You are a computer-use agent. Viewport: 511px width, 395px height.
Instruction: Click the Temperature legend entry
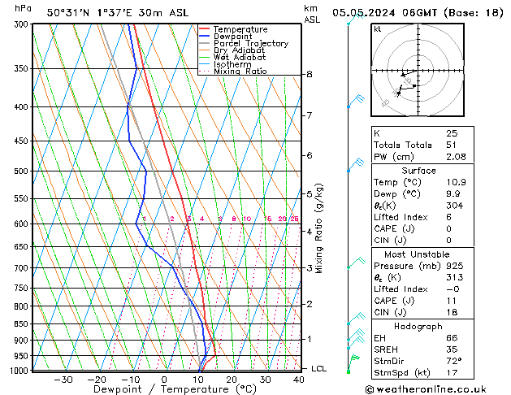click(240, 29)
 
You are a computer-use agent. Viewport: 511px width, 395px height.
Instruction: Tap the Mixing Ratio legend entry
click(240, 72)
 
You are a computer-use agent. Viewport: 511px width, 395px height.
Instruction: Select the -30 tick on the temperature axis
click(63, 380)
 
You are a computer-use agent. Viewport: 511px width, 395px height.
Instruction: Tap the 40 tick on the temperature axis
click(300, 380)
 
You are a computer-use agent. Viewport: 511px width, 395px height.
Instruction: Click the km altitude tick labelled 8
click(310, 75)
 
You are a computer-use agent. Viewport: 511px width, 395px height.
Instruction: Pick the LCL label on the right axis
click(319, 369)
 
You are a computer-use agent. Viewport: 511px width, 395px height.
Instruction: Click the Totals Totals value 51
click(451, 145)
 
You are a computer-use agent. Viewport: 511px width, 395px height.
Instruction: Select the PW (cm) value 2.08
click(456, 156)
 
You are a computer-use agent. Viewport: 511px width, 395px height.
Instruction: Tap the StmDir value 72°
click(454, 361)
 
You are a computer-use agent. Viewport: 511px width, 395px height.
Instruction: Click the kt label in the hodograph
click(378, 28)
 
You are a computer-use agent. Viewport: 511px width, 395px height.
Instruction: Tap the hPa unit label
click(24, 8)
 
